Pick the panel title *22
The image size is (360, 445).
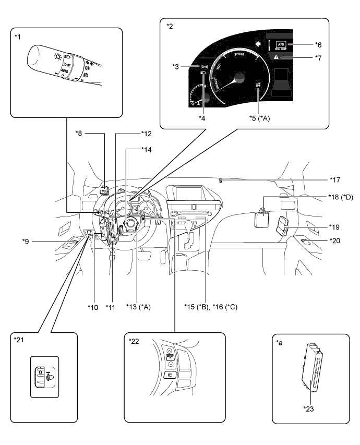pos(134,341)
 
